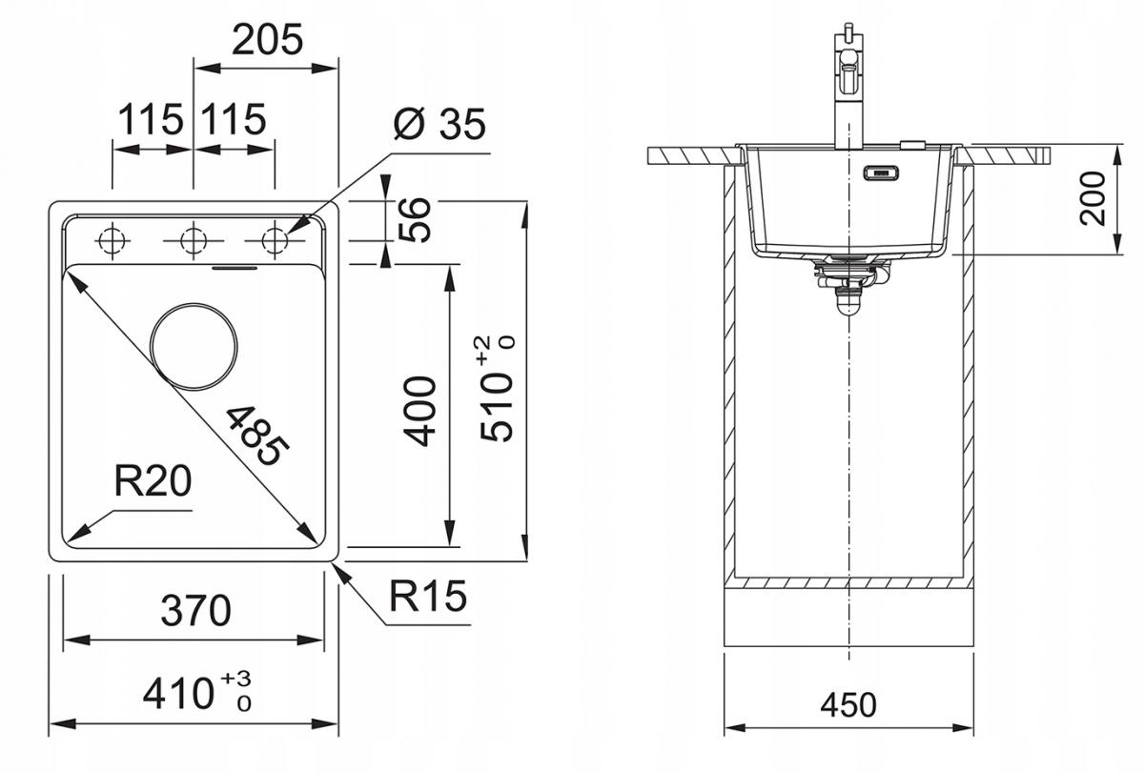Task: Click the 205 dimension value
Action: coord(267,40)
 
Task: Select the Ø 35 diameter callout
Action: coord(439,124)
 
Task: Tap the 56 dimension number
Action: coord(415,219)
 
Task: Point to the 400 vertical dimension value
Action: coord(419,412)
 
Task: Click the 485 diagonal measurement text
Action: coord(256,436)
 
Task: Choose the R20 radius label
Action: coord(153,481)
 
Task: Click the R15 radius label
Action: coord(428,596)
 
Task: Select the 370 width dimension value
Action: coord(195,611)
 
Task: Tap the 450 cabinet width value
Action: coord(848,705)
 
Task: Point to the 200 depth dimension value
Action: coord(1092,198)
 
